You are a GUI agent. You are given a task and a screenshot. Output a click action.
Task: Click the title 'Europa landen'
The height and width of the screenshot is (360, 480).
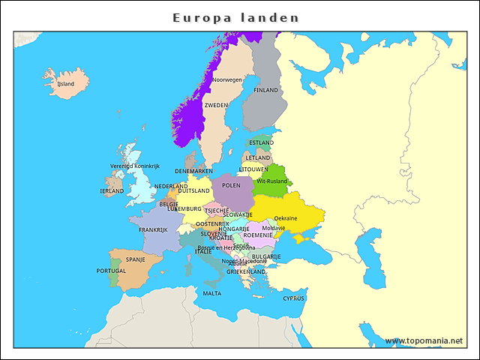235,17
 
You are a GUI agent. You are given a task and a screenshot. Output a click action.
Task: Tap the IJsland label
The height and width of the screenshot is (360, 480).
66,84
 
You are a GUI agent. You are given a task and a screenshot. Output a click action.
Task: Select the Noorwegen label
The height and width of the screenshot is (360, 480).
227,79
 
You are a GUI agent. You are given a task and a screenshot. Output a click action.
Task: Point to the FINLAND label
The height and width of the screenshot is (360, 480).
265,90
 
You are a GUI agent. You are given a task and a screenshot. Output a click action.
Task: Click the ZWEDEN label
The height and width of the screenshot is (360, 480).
216,106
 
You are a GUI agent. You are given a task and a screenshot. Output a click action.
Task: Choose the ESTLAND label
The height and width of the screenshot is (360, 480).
261,142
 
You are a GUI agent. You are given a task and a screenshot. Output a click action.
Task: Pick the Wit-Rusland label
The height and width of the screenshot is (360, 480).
271,181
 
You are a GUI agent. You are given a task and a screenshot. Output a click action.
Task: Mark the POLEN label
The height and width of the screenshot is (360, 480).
231,185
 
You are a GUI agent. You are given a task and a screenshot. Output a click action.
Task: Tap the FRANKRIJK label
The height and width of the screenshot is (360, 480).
152,230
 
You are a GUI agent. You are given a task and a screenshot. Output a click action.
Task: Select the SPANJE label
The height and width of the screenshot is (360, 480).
135,260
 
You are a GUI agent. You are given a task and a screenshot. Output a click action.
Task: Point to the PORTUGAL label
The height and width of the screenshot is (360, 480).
112,271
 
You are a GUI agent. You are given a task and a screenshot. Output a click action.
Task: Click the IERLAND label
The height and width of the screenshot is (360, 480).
112,191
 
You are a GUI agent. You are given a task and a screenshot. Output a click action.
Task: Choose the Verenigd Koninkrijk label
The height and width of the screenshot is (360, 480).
135,166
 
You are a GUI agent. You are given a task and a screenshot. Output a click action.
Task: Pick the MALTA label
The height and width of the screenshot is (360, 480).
212,293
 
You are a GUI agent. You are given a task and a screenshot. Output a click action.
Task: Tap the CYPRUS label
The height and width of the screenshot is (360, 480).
294,298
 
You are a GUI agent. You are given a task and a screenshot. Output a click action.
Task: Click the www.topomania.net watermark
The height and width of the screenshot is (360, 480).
424,341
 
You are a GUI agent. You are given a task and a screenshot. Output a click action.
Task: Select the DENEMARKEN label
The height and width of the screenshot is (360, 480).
193,171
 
